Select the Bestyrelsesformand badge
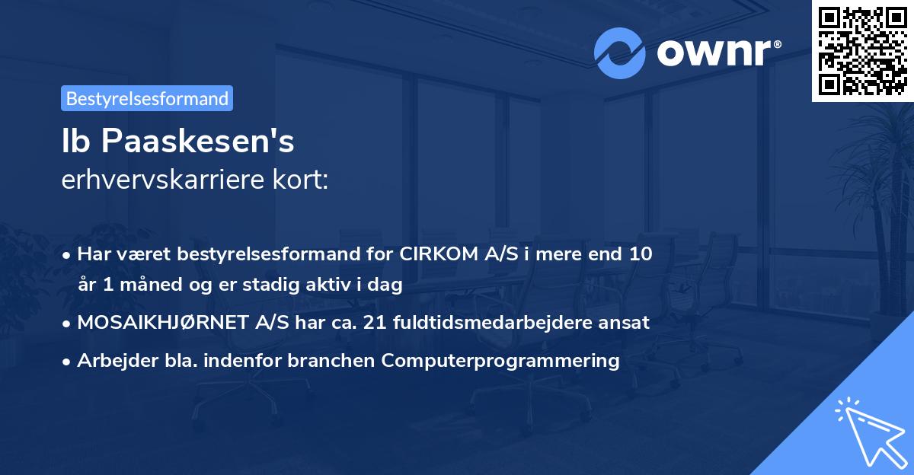pos(147,98)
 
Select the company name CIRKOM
pos(439,253)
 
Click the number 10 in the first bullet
pos(641,253)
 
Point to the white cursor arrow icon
pos(866,431)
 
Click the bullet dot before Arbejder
pos(67,361)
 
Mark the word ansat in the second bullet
pos(628,322)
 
